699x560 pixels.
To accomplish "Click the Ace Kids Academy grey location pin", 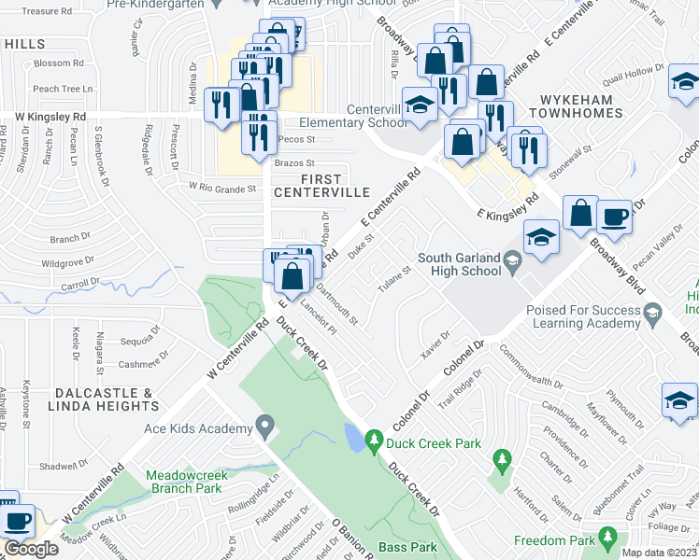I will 264,428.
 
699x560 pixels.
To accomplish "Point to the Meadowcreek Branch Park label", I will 183,481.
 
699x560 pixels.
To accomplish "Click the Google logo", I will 31,549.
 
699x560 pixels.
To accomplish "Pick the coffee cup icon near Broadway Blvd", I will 614,217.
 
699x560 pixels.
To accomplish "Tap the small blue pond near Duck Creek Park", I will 352,436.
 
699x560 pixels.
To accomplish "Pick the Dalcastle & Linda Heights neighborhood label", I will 80,399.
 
